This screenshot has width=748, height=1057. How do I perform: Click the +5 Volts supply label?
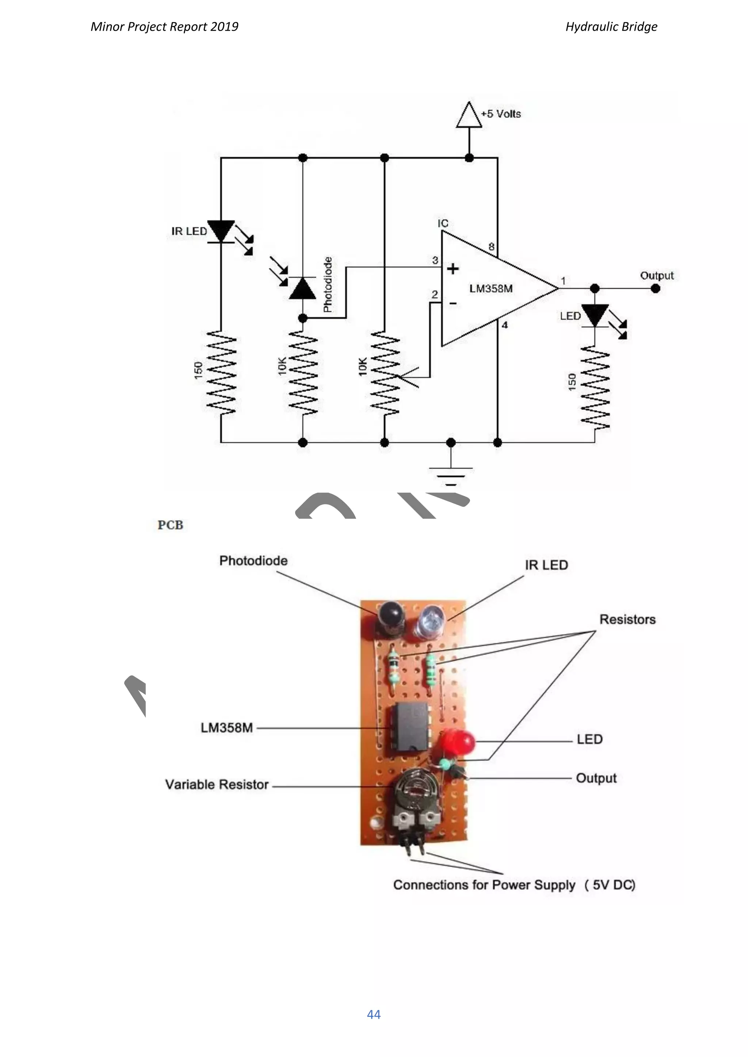point(501,114)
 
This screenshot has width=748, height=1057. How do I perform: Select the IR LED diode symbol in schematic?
point(221,231)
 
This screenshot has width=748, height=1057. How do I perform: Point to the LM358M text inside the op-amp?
point(491,289)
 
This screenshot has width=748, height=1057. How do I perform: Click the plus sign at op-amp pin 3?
point(453,268)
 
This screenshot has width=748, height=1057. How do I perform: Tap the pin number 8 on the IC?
point(492,247)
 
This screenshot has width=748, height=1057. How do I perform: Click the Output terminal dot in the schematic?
point(656,289)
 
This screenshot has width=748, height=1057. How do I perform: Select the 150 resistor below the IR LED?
point(221,372)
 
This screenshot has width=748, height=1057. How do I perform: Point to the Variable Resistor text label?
point(217,785)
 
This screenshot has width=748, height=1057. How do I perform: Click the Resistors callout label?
point(627,620)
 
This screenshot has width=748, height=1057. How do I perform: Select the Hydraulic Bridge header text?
point(611,27)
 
